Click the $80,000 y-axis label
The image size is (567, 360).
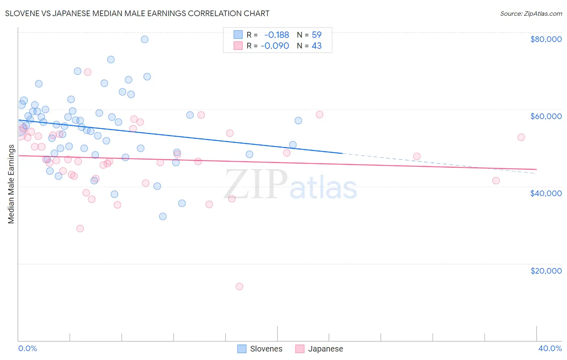tap(546, 39)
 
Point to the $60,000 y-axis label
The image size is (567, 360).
tap(546, 116)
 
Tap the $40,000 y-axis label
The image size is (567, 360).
tap(546, 193)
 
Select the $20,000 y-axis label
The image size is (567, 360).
tap(546, 271)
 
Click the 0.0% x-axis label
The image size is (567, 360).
tap(27, 348)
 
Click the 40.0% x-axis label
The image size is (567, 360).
tap(550, 348)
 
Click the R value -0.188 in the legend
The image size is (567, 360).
tap(276, 35)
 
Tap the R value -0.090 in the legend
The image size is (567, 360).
tap(275, 46)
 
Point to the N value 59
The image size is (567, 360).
tap(317, 35)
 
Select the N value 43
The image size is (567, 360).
tap(317, 46)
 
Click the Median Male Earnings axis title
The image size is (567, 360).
tap(11, 184)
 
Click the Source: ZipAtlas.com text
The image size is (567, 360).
tap(531, 14)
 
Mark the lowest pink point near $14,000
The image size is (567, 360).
tap(239, 287)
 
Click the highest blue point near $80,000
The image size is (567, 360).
tap(144, 39)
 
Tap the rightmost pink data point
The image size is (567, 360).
tap(521, 137)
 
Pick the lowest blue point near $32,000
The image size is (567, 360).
tap(163, 216)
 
